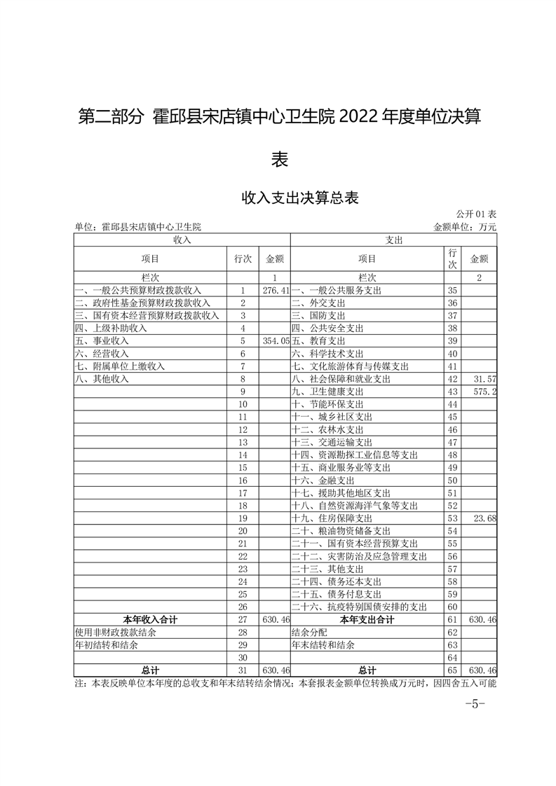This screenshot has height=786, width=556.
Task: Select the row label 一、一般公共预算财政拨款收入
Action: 138,290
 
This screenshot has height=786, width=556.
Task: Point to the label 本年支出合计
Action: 367,619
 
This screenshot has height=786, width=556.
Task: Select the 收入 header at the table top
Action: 182,240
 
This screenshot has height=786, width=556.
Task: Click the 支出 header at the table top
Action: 393,240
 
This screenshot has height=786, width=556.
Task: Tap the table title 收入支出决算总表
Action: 300,198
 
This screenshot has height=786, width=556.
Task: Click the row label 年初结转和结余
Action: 107,644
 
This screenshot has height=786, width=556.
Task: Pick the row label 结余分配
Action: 311,632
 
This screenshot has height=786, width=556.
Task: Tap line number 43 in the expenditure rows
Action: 452,391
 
